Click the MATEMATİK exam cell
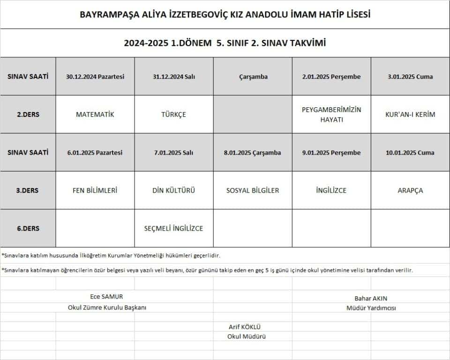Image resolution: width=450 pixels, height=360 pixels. tap(95, 114)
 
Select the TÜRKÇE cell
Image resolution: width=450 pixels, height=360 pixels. tap(173, 114)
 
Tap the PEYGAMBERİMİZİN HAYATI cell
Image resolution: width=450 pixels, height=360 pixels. tap(331, 114)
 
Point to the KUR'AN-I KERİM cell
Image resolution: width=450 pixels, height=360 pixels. tap(410, 114)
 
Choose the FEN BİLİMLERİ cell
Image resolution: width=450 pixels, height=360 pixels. tap(95, 190)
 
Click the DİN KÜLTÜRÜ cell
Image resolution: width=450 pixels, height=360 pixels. tap(173, 190)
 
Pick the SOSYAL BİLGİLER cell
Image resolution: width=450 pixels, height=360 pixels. tap(253, 190)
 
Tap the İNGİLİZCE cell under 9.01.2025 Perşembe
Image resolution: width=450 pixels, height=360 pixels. tap(331, 190)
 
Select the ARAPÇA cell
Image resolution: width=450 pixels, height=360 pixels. tap(410, 190)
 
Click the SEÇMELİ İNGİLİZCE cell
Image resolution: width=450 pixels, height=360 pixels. tap(173, 228)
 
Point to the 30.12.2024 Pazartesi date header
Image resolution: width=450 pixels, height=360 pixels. tap(95, 76)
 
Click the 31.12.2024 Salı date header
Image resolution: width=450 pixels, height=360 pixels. tap(173, 76)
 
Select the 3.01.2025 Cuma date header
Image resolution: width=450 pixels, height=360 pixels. tap(410, 76)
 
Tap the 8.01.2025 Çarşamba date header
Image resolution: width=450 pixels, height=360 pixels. tap(253, 152)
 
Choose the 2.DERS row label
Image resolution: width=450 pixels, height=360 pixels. tap(28, 114)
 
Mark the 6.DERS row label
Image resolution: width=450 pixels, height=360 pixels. tap(28, 228)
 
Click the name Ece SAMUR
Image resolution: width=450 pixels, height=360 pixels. tap(106, 296)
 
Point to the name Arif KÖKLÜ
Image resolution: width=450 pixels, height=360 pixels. tap(244, 327)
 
